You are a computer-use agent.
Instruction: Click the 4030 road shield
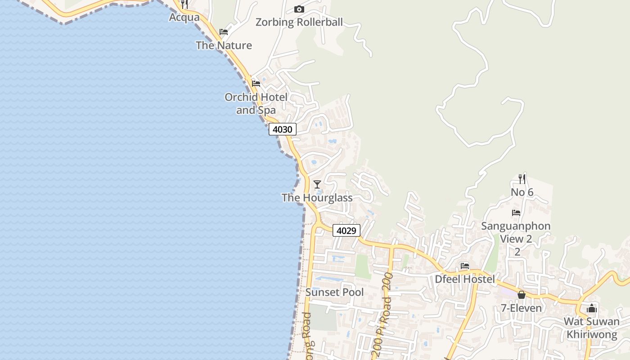click(x=283, y=130)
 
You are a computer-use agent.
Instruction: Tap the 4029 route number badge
click(x=346, y=231)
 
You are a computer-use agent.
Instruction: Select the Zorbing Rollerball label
click(x=299, y=22)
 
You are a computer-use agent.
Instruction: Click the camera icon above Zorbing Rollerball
click(x=299, y=9)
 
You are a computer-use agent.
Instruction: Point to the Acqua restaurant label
click(x=184, y=18)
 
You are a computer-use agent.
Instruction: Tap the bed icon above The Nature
click(x=224, y=32)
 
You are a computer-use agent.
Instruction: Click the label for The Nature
click(x=224, y=45)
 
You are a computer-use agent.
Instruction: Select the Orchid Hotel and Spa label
click(x=256, y=103)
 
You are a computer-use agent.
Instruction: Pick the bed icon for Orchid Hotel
click(x=256, y=83)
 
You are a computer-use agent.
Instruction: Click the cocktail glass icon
click(x=317, y=184)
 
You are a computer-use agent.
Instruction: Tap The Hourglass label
click(x=317, y=198)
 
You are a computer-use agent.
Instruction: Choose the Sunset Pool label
click(x=335, y=292)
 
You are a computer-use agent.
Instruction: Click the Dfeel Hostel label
click(x=465, y=279)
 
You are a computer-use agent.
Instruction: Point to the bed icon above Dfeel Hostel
click(x=465, y=266)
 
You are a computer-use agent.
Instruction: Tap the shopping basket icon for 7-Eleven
click(x=522, y=295)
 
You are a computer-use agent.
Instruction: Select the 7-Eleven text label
click(x=522, y=309)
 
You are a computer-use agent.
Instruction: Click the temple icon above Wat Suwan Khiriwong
click(x=592, y=309)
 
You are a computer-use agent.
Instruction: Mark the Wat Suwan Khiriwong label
click(x=592, y=328)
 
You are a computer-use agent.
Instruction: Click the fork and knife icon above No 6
click(x=522, y=179)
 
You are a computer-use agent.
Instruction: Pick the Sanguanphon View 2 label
click(x=516, y=233)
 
